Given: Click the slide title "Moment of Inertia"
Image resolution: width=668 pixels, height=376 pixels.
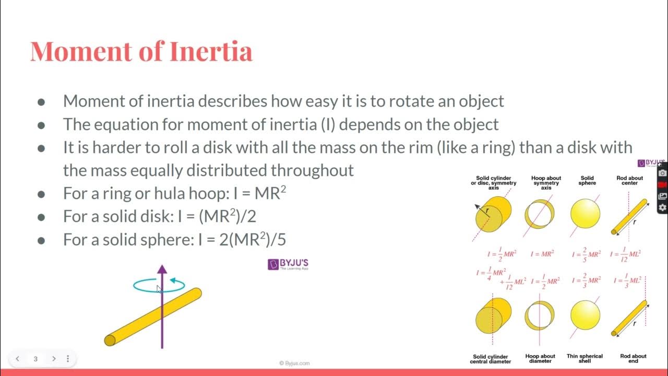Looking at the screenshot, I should (x=141, y=51).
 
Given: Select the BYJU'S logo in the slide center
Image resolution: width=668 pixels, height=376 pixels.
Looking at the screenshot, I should (x=288, y=264).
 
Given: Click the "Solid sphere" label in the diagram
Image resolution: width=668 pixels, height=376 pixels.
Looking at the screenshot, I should (x=587, y=181).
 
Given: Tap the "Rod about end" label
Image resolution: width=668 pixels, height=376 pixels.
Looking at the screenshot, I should (x=633, y=358).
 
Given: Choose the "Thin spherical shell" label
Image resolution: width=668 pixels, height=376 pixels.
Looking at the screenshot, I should (x=584, y=358).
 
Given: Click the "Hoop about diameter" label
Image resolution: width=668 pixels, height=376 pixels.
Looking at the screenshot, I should (x=540, y=358).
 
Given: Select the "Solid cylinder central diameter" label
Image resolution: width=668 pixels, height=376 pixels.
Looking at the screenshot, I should (x=492, y=358).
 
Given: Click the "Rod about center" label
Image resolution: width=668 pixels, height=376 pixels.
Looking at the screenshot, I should (x=630, y=181).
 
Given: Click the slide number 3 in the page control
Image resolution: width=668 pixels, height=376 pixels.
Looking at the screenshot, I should (x=35, y=359).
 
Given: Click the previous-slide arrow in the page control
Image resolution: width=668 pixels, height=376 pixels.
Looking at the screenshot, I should (x=18, y=359).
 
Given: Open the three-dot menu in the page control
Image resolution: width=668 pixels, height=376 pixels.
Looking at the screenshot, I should (x=68, y=359).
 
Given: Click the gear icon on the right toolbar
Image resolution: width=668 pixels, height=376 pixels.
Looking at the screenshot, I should (x=662, y=208).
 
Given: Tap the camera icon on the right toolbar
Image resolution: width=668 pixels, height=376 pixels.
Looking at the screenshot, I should (x=662, y=173).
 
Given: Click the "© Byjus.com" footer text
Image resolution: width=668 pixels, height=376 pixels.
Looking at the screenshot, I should (x=294, y=363).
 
